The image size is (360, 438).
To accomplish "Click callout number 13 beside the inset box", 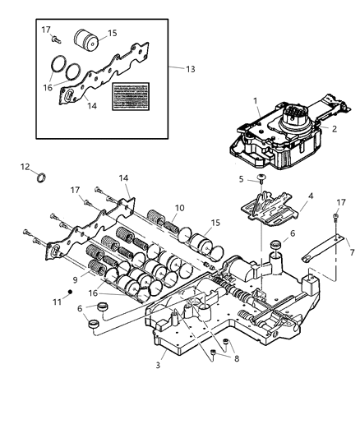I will (x=192, y=69).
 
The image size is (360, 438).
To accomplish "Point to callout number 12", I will (x=25, y=167).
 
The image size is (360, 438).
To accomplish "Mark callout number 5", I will (x=219, y=178).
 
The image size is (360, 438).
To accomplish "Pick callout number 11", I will (x=57, y=302).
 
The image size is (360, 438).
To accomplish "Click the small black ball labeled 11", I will (x=72, y=293).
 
